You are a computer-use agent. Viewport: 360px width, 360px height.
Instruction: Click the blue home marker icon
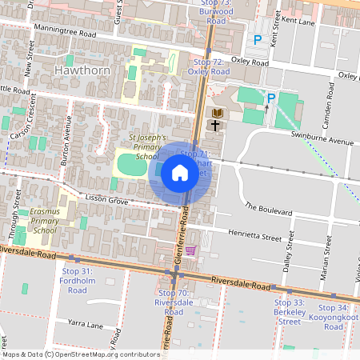(x=180, y=173)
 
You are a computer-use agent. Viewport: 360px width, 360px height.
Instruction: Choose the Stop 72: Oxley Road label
(x=208, y=66)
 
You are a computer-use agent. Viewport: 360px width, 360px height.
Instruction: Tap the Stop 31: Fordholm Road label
(x=77, y=281)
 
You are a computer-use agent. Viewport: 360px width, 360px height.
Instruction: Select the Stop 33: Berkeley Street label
(x=289, y=312)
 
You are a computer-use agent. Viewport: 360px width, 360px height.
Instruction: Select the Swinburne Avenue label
(x=324, y=141)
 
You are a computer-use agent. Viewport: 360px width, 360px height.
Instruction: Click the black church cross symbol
(x=216, y=125)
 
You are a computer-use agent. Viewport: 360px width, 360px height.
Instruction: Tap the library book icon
(x=216, y=113)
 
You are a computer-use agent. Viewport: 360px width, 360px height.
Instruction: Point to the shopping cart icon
(x=190, y=250)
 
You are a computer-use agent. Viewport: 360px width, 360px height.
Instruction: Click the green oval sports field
(x=127, y=166)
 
